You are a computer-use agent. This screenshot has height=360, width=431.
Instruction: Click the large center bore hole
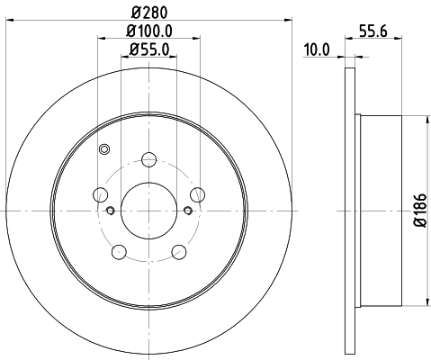pos(148,210)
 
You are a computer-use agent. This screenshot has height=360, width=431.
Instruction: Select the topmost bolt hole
pos(148,161)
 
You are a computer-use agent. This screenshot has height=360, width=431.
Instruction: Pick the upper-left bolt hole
pos(102,195)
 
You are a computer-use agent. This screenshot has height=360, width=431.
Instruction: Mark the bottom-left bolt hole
pos(120,250)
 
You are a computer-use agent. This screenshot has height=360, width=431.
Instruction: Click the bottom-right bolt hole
pos(178,250)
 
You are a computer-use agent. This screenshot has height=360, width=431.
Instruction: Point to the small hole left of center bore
pos(110,211)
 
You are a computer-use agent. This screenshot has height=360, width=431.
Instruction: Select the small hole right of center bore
pos(187,211)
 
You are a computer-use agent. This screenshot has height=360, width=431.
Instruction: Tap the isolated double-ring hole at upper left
pos(104,149)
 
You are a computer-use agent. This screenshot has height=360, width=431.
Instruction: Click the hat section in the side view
pos(378,210)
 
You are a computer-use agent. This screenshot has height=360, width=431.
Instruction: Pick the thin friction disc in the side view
pos(351,210)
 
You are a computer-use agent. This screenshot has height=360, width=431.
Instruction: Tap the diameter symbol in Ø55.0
pos(131,51)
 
